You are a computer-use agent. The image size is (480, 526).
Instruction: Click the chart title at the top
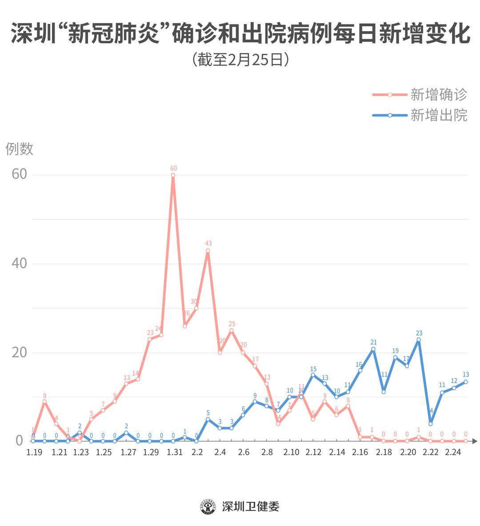[x=240, y=34]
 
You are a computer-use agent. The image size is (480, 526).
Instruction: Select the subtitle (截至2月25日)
[x=240, y=60]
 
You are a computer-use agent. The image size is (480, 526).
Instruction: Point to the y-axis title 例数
[x=20, y=149]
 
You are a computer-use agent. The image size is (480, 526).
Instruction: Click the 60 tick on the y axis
[x=20, y=174]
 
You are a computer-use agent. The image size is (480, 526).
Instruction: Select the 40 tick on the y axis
[x=20, y=263]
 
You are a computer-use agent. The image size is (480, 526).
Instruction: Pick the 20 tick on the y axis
[x=20, y=352]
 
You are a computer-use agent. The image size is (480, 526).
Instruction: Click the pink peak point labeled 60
[x=173, y=175]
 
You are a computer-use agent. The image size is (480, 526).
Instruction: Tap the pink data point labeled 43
[x=208, y=251]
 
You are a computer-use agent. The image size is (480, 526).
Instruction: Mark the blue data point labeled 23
[x=419, y=340]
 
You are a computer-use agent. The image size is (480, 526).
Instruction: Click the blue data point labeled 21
[x=373, y=349]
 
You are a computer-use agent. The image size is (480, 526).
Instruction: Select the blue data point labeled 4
[x=430, y=424]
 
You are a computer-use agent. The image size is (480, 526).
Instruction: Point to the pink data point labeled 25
[x=231, y=330]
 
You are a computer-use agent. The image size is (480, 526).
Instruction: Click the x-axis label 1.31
[x=175, y=453]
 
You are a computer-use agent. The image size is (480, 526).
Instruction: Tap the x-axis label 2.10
[x=291, y=453]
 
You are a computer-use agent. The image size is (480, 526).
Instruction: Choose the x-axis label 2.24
[x=453, y=453]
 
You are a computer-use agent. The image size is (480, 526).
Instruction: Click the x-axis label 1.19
[x=34, y=453]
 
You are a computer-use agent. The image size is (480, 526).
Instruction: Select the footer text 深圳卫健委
[x=251, y=506]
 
